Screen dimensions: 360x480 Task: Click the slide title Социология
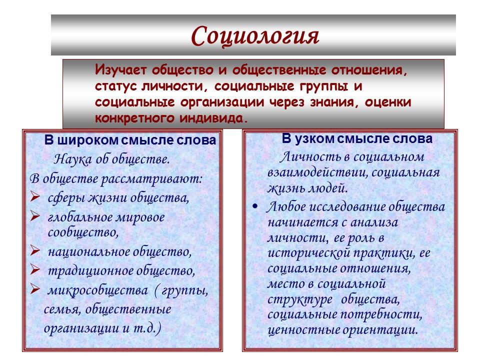tap(254, 35)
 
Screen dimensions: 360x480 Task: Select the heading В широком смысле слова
tap(130, 140)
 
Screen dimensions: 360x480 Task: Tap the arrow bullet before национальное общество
tap(35, 251)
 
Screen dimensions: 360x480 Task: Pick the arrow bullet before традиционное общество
tap(35, 271)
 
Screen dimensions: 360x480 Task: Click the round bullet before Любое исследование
tap(256, 206)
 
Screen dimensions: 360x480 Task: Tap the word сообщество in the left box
tap(83, 232)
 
